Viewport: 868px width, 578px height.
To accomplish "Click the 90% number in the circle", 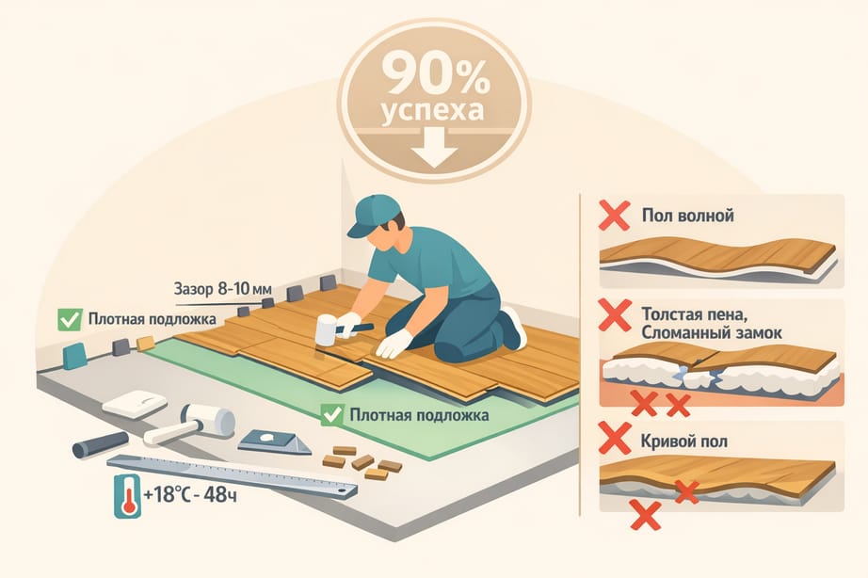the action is coord(435,73).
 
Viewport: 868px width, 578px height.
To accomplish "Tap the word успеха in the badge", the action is coord(432,109).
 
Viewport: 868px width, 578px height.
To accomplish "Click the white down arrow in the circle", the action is coord(435,147).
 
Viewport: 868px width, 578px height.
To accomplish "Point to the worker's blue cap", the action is coord(372,215).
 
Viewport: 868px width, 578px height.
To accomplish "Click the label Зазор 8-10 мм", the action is coord(222,288).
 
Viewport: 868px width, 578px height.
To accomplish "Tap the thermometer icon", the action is coord(127,496).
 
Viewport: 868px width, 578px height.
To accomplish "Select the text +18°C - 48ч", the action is coord(190,494).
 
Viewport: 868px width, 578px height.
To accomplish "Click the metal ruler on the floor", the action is coord(232,476).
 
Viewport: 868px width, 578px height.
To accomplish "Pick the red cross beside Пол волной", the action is coord(614,216).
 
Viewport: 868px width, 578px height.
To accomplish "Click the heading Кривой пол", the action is coord(683,442).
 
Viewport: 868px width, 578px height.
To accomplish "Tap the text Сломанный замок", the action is coord(712,332).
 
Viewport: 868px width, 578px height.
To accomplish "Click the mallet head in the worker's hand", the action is coord(326,330).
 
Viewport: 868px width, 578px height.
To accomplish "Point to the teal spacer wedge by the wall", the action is coord(74,356).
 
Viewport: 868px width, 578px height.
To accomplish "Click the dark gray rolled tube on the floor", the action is coord(101,444).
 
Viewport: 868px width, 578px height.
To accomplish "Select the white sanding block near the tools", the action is coord(135,404).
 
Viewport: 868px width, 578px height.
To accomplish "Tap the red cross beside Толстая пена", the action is coord(615,315).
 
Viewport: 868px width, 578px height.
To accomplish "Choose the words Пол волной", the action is coord(687,215).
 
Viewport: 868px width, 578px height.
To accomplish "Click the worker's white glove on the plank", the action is coord(394,344).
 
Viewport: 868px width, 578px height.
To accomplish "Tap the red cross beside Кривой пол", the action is coord(615,438).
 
